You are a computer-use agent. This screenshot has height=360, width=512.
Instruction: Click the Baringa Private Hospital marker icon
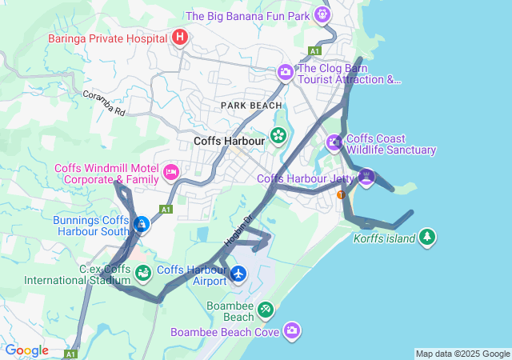tap(181, 37)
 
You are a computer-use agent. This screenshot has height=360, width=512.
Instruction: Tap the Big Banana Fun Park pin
tap(322, 14)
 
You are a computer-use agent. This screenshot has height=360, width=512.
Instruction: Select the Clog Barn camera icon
tap(286, 74)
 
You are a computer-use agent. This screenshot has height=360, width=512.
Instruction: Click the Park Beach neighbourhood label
tap(252, 106)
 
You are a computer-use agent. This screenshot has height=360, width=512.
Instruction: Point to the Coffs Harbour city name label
tap(229, 141)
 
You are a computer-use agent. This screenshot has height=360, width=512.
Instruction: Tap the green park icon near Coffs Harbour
tap(278, 135)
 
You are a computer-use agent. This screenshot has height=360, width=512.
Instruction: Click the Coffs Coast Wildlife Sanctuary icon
tap(334, 143)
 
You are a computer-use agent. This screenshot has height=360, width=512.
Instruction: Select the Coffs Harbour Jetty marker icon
tap(366, 177)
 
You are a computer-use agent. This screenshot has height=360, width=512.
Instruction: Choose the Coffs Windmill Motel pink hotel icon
tap(171, 172)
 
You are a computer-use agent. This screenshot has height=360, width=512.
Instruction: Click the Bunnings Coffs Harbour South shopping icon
tap(141, 225)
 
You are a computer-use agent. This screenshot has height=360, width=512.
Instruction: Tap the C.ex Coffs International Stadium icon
tap(143, 274)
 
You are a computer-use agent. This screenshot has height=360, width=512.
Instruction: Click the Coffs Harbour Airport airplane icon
tap(238, 274)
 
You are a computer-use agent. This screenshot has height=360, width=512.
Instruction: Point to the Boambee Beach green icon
tap(265, 310)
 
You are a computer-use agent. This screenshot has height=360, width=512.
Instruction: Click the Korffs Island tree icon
tap(429, 237)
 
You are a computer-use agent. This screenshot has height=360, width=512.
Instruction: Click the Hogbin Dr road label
tap(238, 228)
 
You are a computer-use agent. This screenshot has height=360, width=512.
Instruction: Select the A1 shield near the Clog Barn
tap(314, 50)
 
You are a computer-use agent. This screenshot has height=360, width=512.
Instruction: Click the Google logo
tap(26, 350)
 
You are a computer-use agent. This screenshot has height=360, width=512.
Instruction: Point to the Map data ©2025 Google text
tap(462, 354)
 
